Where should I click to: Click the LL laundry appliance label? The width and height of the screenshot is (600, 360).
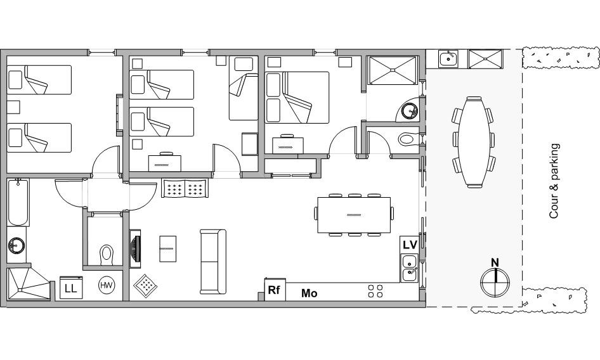(71, 288)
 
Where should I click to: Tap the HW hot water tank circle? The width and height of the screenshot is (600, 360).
(107, 285)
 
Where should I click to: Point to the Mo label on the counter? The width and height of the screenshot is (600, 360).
(309, 293)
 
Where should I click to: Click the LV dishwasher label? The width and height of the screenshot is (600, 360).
(410, 245)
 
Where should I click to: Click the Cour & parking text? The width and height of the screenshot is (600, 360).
(554, 181)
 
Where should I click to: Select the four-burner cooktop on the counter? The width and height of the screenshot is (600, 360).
(375, 291)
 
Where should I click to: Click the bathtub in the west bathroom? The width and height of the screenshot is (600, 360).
(18, 202)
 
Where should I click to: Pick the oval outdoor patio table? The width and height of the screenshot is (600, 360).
(474, 143)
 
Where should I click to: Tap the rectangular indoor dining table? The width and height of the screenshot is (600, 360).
(354, 215)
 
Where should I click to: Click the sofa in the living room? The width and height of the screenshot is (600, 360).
(213, 262)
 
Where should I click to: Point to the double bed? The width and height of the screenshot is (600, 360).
(297, 97)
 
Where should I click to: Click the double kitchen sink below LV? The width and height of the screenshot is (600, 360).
(410, 268)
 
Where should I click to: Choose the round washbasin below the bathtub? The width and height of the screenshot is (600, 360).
(16, 245)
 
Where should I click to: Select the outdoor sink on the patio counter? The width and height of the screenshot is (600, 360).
(448, 59)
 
